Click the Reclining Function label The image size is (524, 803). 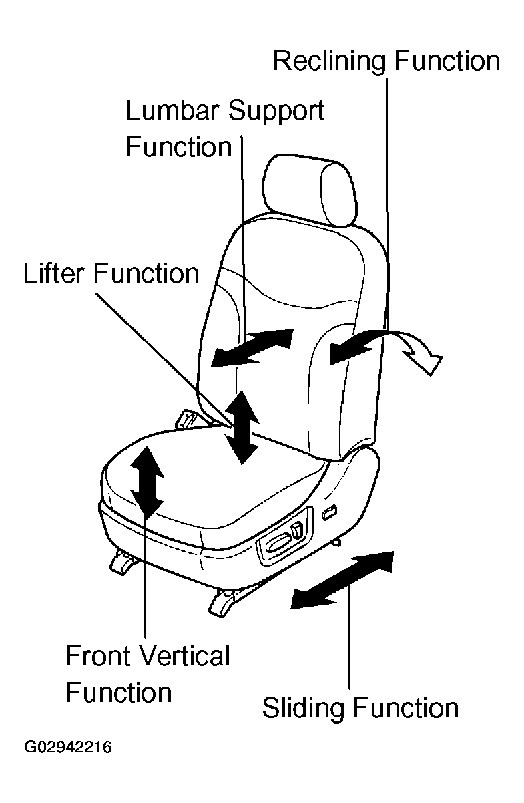[x=386, y=61]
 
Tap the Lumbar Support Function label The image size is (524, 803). [x=225, y=128]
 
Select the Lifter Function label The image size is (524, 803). [x=111, y=274]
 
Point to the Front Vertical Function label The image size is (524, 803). [x=148, y=673]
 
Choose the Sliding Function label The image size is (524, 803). [x=360, y=708]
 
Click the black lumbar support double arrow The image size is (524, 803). [x=252, y=347]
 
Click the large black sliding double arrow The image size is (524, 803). [x=342, y=579]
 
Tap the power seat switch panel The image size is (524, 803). [x=284, y=541]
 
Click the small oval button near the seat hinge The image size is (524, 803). [x=330, y=513]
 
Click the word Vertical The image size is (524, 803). [x=185, y=656]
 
